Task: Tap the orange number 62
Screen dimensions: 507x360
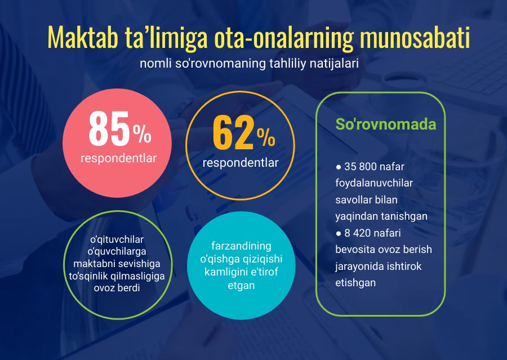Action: [233, 133]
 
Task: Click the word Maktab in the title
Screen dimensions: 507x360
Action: [82, 38]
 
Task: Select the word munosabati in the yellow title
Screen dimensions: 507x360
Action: [415, 38]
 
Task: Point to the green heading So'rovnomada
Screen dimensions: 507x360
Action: [386, 124]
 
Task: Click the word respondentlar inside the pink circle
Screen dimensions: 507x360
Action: [118, 158]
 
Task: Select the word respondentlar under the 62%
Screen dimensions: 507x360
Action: [240, 163]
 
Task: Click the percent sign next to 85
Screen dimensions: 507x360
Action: [142, 134]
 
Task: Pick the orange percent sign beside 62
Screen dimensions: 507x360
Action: [266, 138]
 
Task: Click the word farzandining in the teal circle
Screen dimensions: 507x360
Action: [241, 246]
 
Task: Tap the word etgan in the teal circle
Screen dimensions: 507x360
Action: [241, 286]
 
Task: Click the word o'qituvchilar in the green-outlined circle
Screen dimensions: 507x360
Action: [117, 239]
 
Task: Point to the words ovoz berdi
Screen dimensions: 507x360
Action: [117, 287]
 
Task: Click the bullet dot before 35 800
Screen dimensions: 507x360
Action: [339, 167]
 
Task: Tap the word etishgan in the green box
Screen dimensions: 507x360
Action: [355, 283]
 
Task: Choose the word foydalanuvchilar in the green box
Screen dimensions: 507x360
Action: [374, 183]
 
